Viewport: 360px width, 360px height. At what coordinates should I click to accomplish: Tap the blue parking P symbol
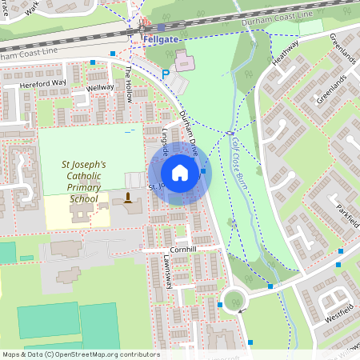coord(166,74)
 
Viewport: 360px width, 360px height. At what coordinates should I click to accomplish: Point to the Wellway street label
coord(101,87)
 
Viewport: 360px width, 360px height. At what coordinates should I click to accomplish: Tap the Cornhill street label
coord(180,249)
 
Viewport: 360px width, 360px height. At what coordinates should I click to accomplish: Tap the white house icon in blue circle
coord(179,173)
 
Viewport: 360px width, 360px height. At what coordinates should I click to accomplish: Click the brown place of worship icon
coord(126,197)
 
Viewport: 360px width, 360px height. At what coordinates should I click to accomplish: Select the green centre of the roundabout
coord(233,301)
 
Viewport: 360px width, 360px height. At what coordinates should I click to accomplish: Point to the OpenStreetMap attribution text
coord(80,354)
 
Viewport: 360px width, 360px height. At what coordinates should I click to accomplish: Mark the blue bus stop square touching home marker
coord(203,170)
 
